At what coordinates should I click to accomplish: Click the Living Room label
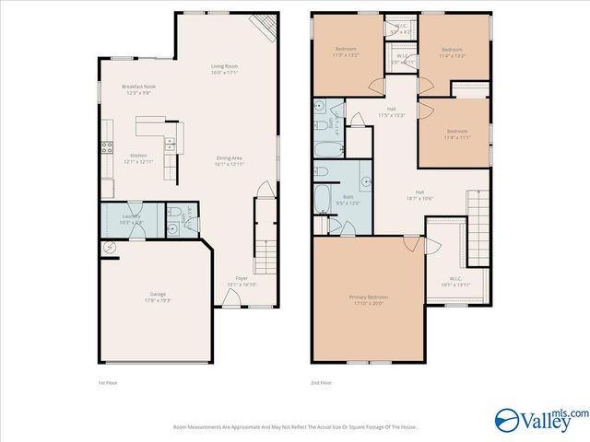225,69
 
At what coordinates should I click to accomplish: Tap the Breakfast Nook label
137,89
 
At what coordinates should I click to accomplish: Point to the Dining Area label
229,161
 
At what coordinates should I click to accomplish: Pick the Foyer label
242,281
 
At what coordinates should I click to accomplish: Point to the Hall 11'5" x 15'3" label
392,112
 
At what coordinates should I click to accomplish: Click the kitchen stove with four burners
106,146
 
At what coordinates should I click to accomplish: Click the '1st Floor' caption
108,382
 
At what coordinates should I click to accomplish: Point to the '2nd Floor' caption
322,382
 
